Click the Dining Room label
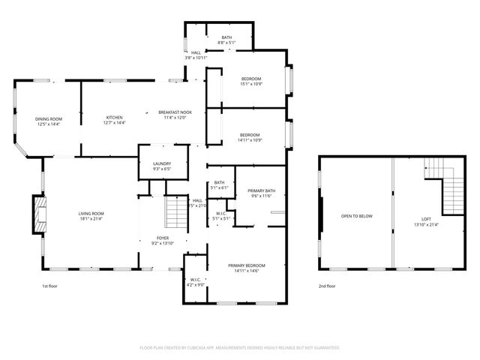49,118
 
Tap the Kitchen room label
114,118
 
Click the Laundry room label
162,163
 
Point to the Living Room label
91,214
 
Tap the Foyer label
162,238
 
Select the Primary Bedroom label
247,265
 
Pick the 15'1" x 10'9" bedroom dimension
251,83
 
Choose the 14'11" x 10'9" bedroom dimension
249,139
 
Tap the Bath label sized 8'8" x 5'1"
226,42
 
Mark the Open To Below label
357,216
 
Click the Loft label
426,218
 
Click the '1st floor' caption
49,286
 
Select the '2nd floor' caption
326,286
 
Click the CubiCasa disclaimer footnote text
240,347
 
